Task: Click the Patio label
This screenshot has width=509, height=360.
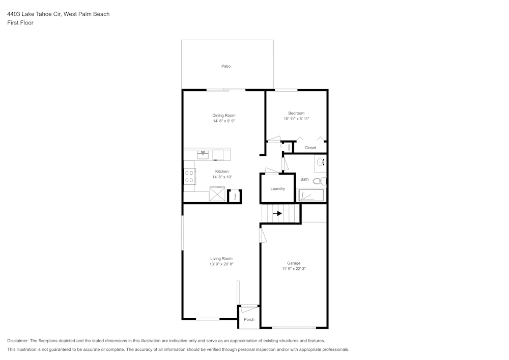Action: point(225,66)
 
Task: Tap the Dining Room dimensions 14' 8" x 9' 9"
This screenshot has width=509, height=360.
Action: point(224,121)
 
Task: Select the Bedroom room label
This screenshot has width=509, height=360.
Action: point(296,113)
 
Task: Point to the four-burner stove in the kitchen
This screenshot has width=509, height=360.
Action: point(189,176)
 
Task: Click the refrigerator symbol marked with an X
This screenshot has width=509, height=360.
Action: point(218,195)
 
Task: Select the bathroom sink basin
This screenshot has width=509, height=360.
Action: point(321,162)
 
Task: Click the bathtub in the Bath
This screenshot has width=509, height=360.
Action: point(310,196)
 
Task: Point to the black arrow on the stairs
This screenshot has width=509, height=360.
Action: point(277,213)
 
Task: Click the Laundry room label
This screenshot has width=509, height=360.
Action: point(277,188)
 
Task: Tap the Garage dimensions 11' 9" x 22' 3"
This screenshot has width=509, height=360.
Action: point(294,269)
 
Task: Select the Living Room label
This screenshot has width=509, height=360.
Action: point(221,259)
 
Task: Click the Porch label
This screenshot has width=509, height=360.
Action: point(249,320)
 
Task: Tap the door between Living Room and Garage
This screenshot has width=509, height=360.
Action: point(262,235)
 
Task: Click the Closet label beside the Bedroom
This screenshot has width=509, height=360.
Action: point(310,148)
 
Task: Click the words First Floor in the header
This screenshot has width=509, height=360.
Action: point(20,23)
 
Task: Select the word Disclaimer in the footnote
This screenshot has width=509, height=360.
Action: point(18,341)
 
